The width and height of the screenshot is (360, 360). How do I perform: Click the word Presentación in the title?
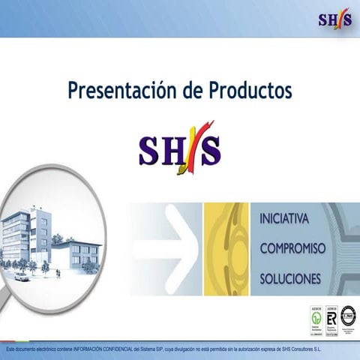click(x=121, y=91)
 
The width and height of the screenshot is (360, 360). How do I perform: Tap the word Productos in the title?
click(x=247, y=91)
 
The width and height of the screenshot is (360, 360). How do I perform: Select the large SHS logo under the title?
click(x=180, y=148)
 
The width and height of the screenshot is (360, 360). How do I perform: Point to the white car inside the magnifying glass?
click(x=22, y=277)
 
